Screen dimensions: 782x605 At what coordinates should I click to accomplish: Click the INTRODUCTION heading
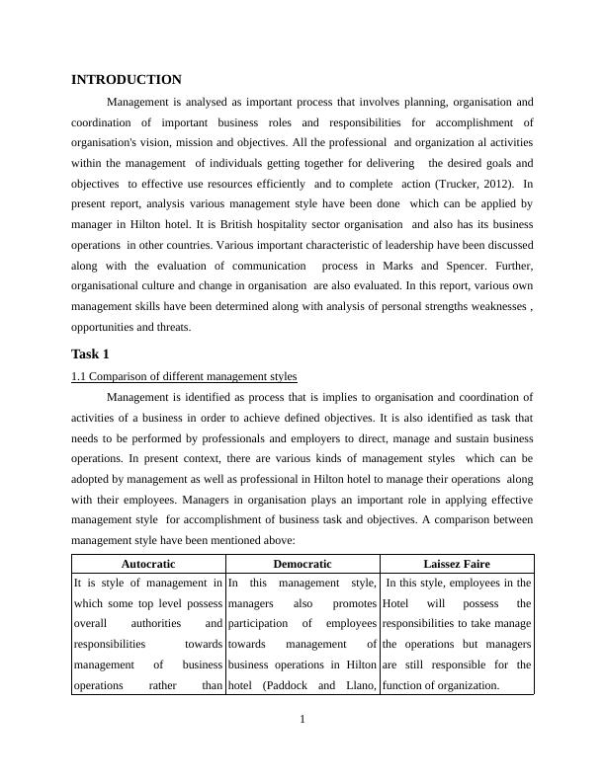click(x=127, y=79)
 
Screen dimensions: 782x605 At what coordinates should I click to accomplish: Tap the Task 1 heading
click(x=90, y=353)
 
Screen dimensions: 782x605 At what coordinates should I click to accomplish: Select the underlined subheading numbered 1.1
click(x=184, y=376)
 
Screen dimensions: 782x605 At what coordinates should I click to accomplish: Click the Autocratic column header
click(x=148, y=564)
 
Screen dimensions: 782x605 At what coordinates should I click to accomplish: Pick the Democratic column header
click(x=302, y=564)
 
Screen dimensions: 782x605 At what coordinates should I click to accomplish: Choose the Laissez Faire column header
click(x=457, y=564)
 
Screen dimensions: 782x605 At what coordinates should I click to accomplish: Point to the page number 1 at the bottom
click(x=302, y=719)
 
